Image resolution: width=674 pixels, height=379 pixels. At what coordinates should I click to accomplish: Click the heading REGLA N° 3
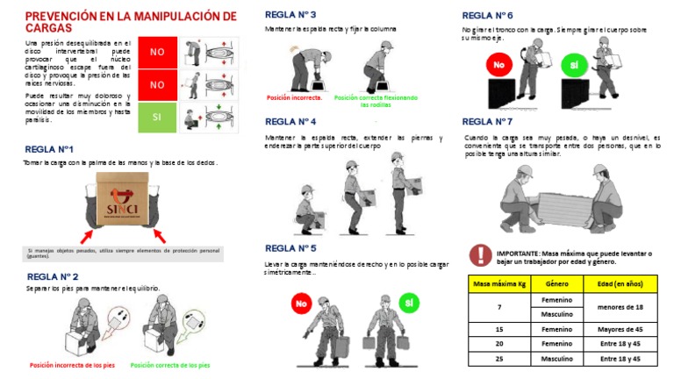pos(290,15)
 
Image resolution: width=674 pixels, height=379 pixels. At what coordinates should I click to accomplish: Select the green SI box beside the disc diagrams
pos(157,116)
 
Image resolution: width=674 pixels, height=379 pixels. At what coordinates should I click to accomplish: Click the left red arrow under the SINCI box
pos(89,235)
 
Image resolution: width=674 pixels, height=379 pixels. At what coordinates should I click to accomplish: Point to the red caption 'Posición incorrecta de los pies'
pos(71,365)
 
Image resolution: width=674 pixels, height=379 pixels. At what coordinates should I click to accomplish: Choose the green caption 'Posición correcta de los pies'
pos(169,365)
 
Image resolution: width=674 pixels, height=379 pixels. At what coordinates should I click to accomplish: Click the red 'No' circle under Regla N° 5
pos(301,304)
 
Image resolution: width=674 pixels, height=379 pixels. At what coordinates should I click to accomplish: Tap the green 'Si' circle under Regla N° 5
pos(407,303)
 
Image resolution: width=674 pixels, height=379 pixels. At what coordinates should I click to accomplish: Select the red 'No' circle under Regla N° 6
pos(498,65)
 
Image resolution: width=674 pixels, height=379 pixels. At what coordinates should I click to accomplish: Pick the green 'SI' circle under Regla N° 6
pos(574,66)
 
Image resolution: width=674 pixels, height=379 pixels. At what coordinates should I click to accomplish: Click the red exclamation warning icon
pos(480,254)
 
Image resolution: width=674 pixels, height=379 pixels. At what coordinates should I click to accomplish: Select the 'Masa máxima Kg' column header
pos(499,284)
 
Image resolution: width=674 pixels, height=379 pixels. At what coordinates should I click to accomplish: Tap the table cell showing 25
pos(499,359)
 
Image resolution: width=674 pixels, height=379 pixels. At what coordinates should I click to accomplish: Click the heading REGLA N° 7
pos(487,121)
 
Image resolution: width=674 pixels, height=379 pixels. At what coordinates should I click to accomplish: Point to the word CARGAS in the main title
pos(50,29)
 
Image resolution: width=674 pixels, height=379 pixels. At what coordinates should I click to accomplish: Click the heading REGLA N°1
pos(49,149)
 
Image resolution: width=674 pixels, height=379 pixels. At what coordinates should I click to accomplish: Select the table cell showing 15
pos(499,329)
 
